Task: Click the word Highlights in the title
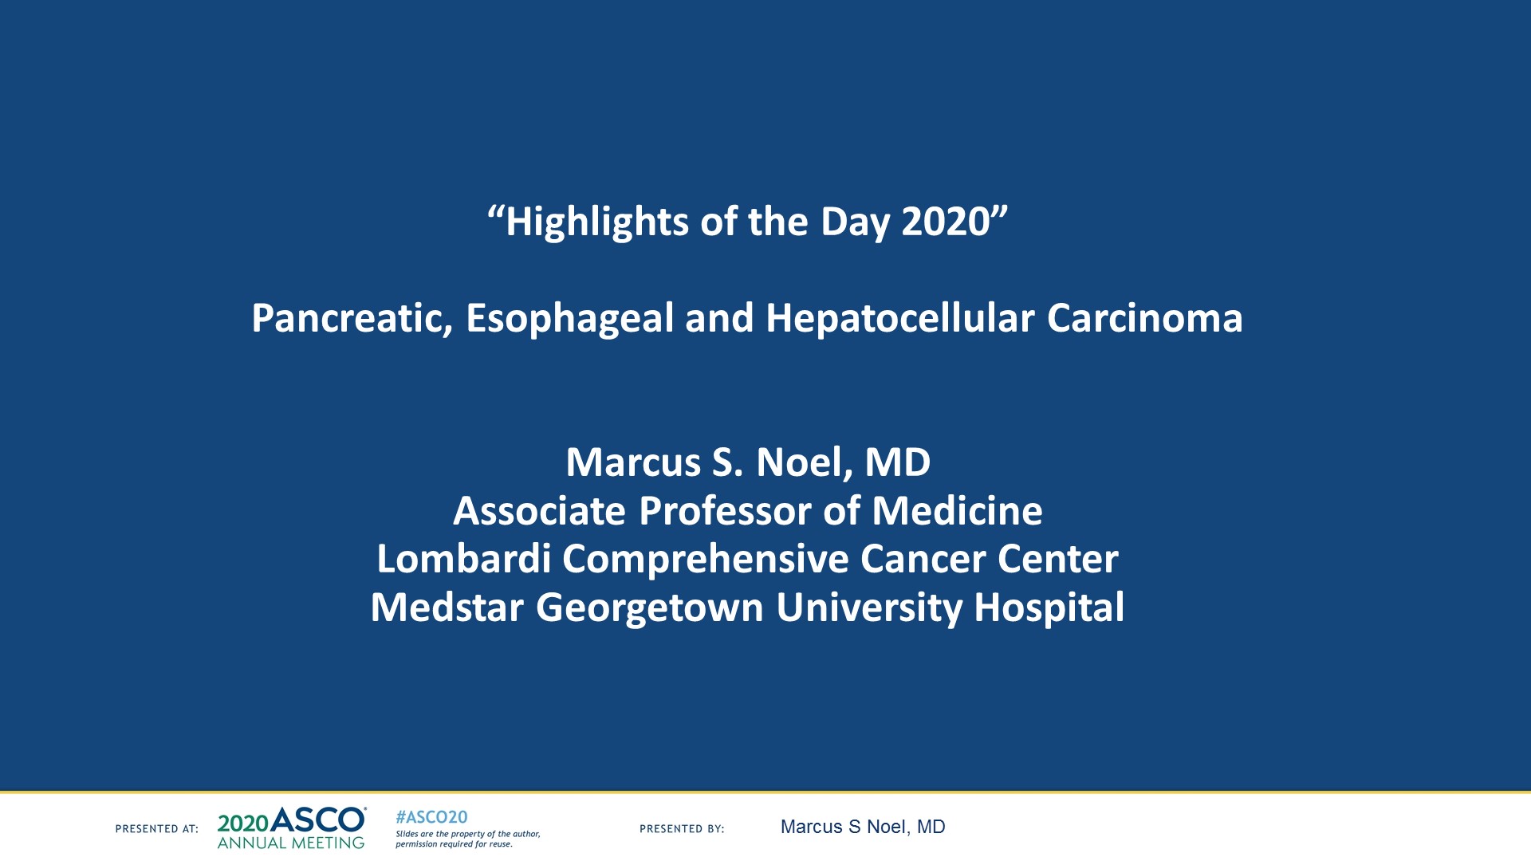(596, 222)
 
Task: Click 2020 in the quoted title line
(945, 222)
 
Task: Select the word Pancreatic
(352, 319)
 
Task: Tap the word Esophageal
(569, 319)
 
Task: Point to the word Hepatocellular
(899, 319)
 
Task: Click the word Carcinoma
(1144, 319)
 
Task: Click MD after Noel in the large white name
(898, 462)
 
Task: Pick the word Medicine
(957, 511)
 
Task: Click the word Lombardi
(463, 559)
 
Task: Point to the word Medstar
(447, 607)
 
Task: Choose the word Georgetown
(650, 607)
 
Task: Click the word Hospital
(1049, 607)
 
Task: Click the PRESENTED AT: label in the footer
(156, 829)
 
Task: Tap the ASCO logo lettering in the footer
(317, 820)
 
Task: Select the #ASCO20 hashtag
(431, 817)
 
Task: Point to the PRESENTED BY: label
(682, 829)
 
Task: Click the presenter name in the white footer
(862, 828)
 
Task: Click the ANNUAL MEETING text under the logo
(290, 843)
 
